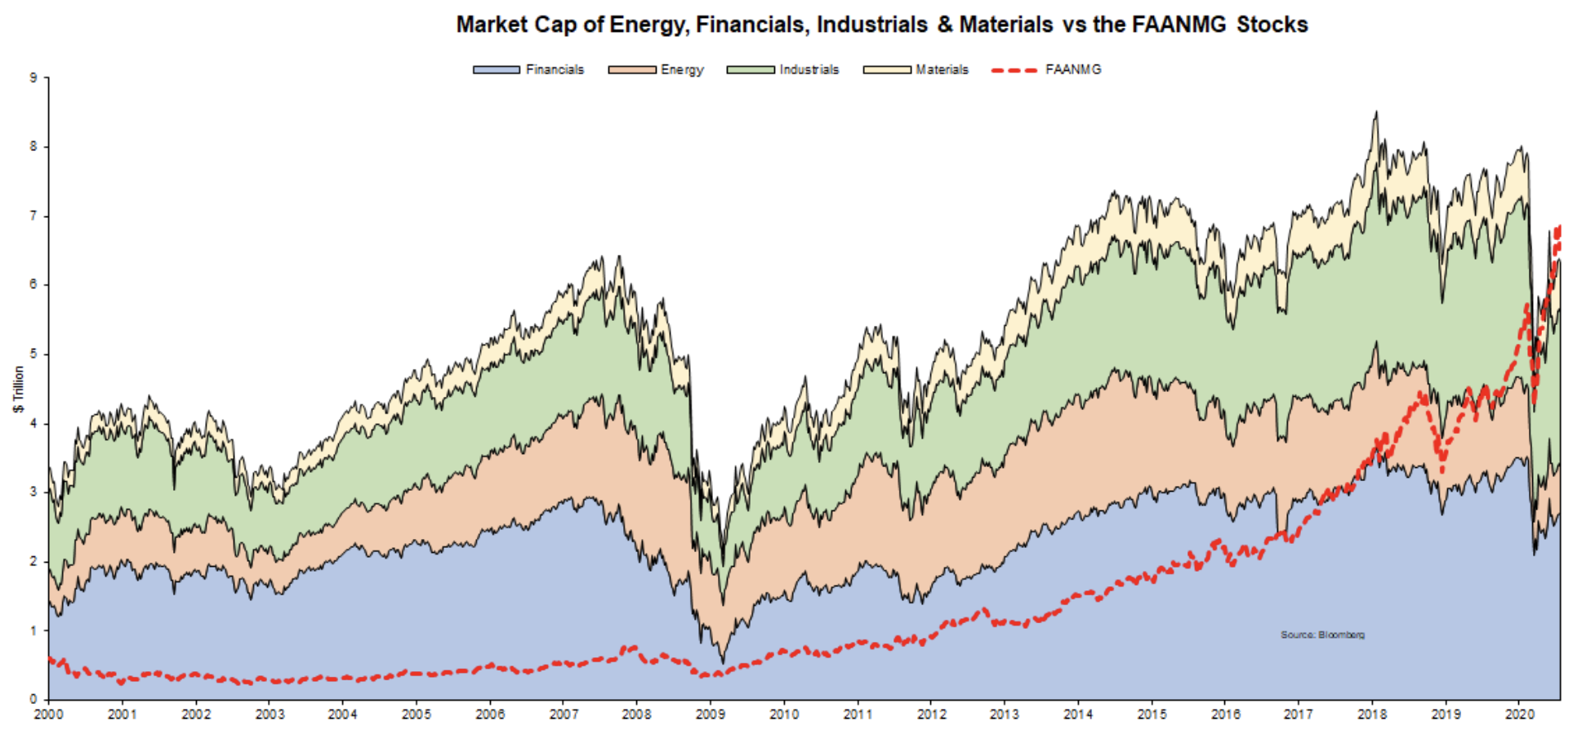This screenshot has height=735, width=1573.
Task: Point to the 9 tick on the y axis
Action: coord(33,78)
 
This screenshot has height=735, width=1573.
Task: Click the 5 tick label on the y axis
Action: coord(33,354)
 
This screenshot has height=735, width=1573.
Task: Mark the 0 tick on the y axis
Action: coord(33,699)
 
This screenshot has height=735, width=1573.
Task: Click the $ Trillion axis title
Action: coord(19,389)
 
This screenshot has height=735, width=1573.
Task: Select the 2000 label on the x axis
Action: coord(48,715)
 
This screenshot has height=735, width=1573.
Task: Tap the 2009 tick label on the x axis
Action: coord(710,715)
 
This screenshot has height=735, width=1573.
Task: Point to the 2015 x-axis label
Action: coord(1152,715)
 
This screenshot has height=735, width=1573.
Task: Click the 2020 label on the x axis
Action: coord(1519,715)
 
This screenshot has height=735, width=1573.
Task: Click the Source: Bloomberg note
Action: coord(1322,635)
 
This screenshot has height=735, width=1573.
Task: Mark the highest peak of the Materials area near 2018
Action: coord(1376,113)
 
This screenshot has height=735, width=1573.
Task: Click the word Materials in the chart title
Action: coord(1005,24)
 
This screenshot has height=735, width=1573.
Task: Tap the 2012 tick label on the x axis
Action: coord(931,715)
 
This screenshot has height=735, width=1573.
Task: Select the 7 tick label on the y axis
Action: coord(33,216)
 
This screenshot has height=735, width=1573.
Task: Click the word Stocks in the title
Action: coord(1272,24)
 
